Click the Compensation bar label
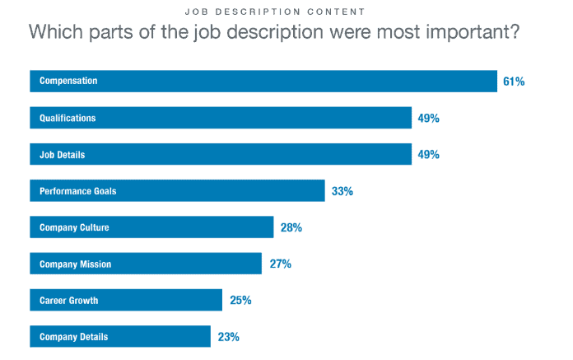tap(69, 81)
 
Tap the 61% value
tap(515, 81)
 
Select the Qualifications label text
tap(68, 118)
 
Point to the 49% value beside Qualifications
tap(429, 118)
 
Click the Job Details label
tap(62, 154)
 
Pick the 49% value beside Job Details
tap(429, 154)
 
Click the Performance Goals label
tap(78, 191)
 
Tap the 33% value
tap(342, 191)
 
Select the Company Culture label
tap(74, 227)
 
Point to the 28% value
tap(291, 227)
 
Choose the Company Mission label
tap(75, 264)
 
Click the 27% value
tap(280, 264)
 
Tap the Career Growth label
tap(69, 301)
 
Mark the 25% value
tap(240, 301)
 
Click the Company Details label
tap(74, 337)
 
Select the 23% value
tap(229, 337)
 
